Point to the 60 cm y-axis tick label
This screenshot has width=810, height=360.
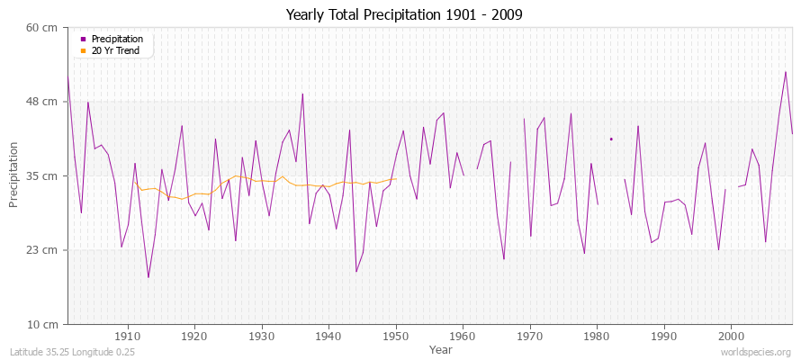42,28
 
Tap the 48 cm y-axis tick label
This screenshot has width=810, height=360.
42,102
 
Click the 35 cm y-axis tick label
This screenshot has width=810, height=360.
42,176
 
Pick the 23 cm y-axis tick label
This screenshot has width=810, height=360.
42,250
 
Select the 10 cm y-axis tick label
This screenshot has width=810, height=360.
42,324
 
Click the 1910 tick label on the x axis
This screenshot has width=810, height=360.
128,336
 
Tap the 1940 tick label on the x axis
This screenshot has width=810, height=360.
328,336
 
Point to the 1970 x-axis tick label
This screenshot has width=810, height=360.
530,336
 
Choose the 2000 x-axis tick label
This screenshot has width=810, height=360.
731,336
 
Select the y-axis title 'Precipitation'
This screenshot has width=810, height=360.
13,175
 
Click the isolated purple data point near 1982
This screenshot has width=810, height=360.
611,139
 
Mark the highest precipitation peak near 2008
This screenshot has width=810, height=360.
786,72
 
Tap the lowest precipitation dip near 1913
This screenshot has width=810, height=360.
148,277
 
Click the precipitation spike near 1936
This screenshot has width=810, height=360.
302,94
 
